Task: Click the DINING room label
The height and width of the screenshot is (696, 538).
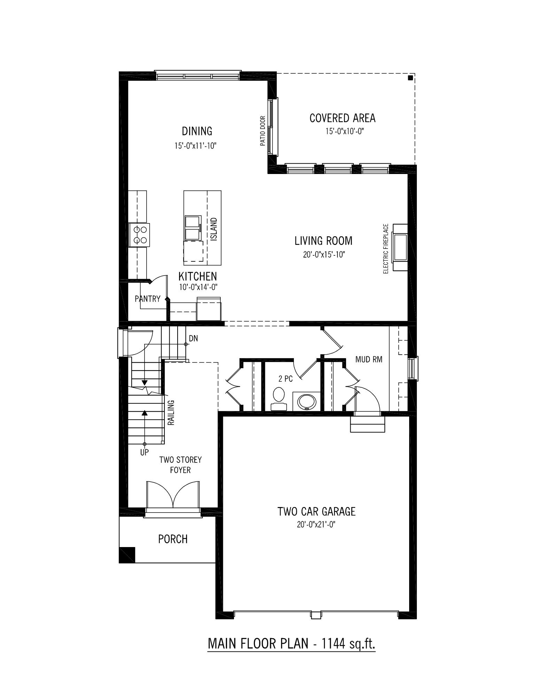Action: coord(197,131)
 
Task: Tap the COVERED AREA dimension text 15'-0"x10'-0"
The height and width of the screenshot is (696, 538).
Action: coord(342,132)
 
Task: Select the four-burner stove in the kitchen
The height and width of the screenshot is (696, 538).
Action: coord(139,235)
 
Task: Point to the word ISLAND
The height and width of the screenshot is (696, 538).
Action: coord(214,229)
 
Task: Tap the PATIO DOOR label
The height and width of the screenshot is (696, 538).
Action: coord(263,131)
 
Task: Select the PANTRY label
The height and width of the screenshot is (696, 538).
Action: coord(148,299)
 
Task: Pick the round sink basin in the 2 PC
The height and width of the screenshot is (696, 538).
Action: coord(306,401)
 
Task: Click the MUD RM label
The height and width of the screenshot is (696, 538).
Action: coord(369,359)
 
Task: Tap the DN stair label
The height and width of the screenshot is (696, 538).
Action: coord(193,338)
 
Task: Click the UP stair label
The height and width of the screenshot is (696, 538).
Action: coord(144,452)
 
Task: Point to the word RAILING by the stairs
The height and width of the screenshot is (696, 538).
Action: coord(171,412)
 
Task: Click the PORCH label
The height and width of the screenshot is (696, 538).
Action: coord(173,539)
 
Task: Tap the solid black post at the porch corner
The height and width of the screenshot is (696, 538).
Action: coord(127,555)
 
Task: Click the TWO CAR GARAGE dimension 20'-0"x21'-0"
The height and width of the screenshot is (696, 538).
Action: coord(316,524)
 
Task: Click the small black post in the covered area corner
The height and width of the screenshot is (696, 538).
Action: coord(411,77)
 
